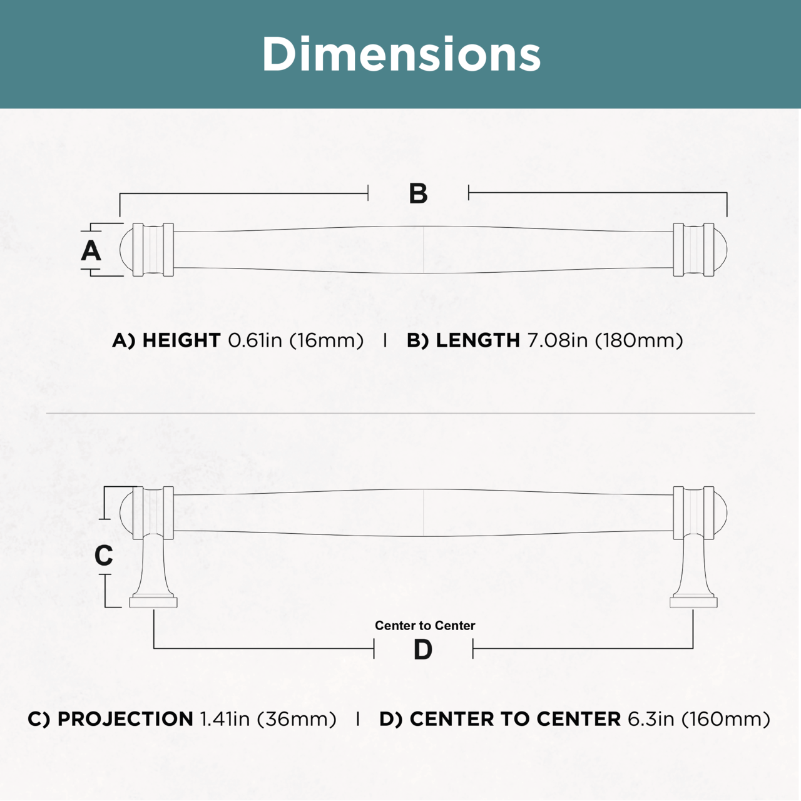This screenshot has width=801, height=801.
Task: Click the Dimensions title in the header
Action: (x=401, y=54)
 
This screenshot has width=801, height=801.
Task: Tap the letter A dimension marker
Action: (x=91, y=251)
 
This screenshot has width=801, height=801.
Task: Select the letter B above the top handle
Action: (x=418, y=194)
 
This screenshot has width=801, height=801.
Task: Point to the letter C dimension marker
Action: (x=103, y=555)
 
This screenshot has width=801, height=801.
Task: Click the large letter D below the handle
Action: (x=423, y=650)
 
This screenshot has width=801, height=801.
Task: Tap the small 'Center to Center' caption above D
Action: (x=425, y=626)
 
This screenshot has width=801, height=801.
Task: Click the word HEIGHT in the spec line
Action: (x=181, y=340)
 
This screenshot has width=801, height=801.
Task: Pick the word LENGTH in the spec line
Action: (x=477, y=340)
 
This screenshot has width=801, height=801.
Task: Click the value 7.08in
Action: (x=557, y=340)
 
